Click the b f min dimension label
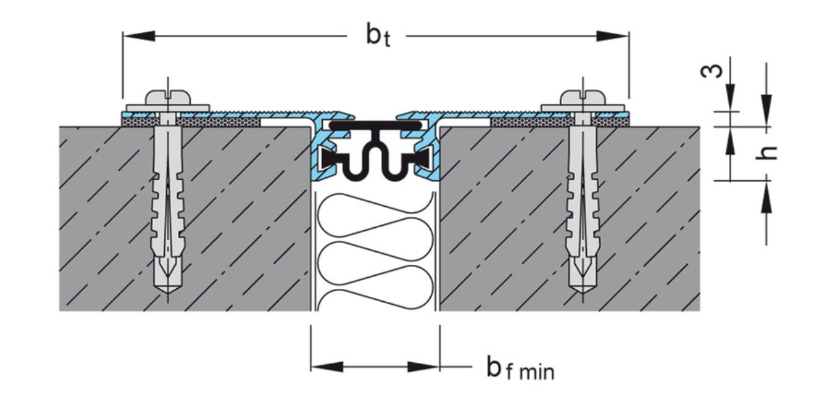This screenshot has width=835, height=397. tap(520, 369)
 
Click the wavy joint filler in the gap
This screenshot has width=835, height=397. tap(375, 253)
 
